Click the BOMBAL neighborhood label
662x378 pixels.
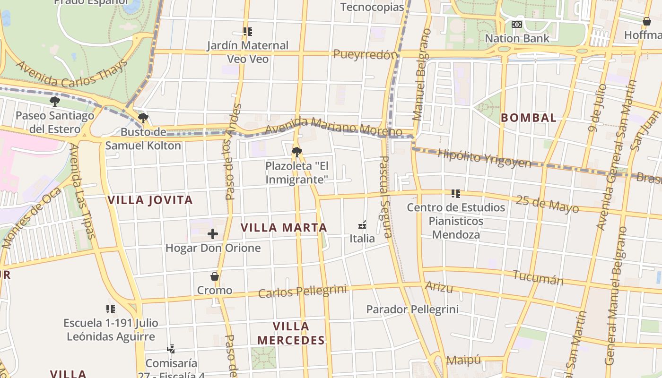(x=529, y=118)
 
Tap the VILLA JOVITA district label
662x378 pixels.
(x=150, y=200)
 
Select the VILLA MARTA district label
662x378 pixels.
(x=284, y=227)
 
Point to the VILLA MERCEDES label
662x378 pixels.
(x=291, y=333)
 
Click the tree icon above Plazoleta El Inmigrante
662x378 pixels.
(x=297, y=152)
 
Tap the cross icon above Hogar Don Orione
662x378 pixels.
(x=213, y=233)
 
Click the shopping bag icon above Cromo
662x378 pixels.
(x=215, y=276)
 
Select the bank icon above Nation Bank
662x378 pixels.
(x=517, y=24)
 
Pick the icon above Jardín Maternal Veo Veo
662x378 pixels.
(x=247, y=32)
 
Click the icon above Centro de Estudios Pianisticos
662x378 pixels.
(x=456, y=193)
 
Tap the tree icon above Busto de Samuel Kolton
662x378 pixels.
(x=143, y=118)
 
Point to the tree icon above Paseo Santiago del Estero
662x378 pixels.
(x=55, y=101)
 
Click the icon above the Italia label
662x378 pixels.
(x=362, y=224)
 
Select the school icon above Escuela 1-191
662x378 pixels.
(x=111, y=309)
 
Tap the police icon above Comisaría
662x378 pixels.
(x=171, y=349)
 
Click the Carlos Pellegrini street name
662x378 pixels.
(x=303, y=291)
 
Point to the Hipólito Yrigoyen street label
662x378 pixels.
(x=484, y=158)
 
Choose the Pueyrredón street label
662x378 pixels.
(x=366, y=54)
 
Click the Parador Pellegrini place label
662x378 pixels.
(x=412, y=309)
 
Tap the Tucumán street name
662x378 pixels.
(x=538, y=278)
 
